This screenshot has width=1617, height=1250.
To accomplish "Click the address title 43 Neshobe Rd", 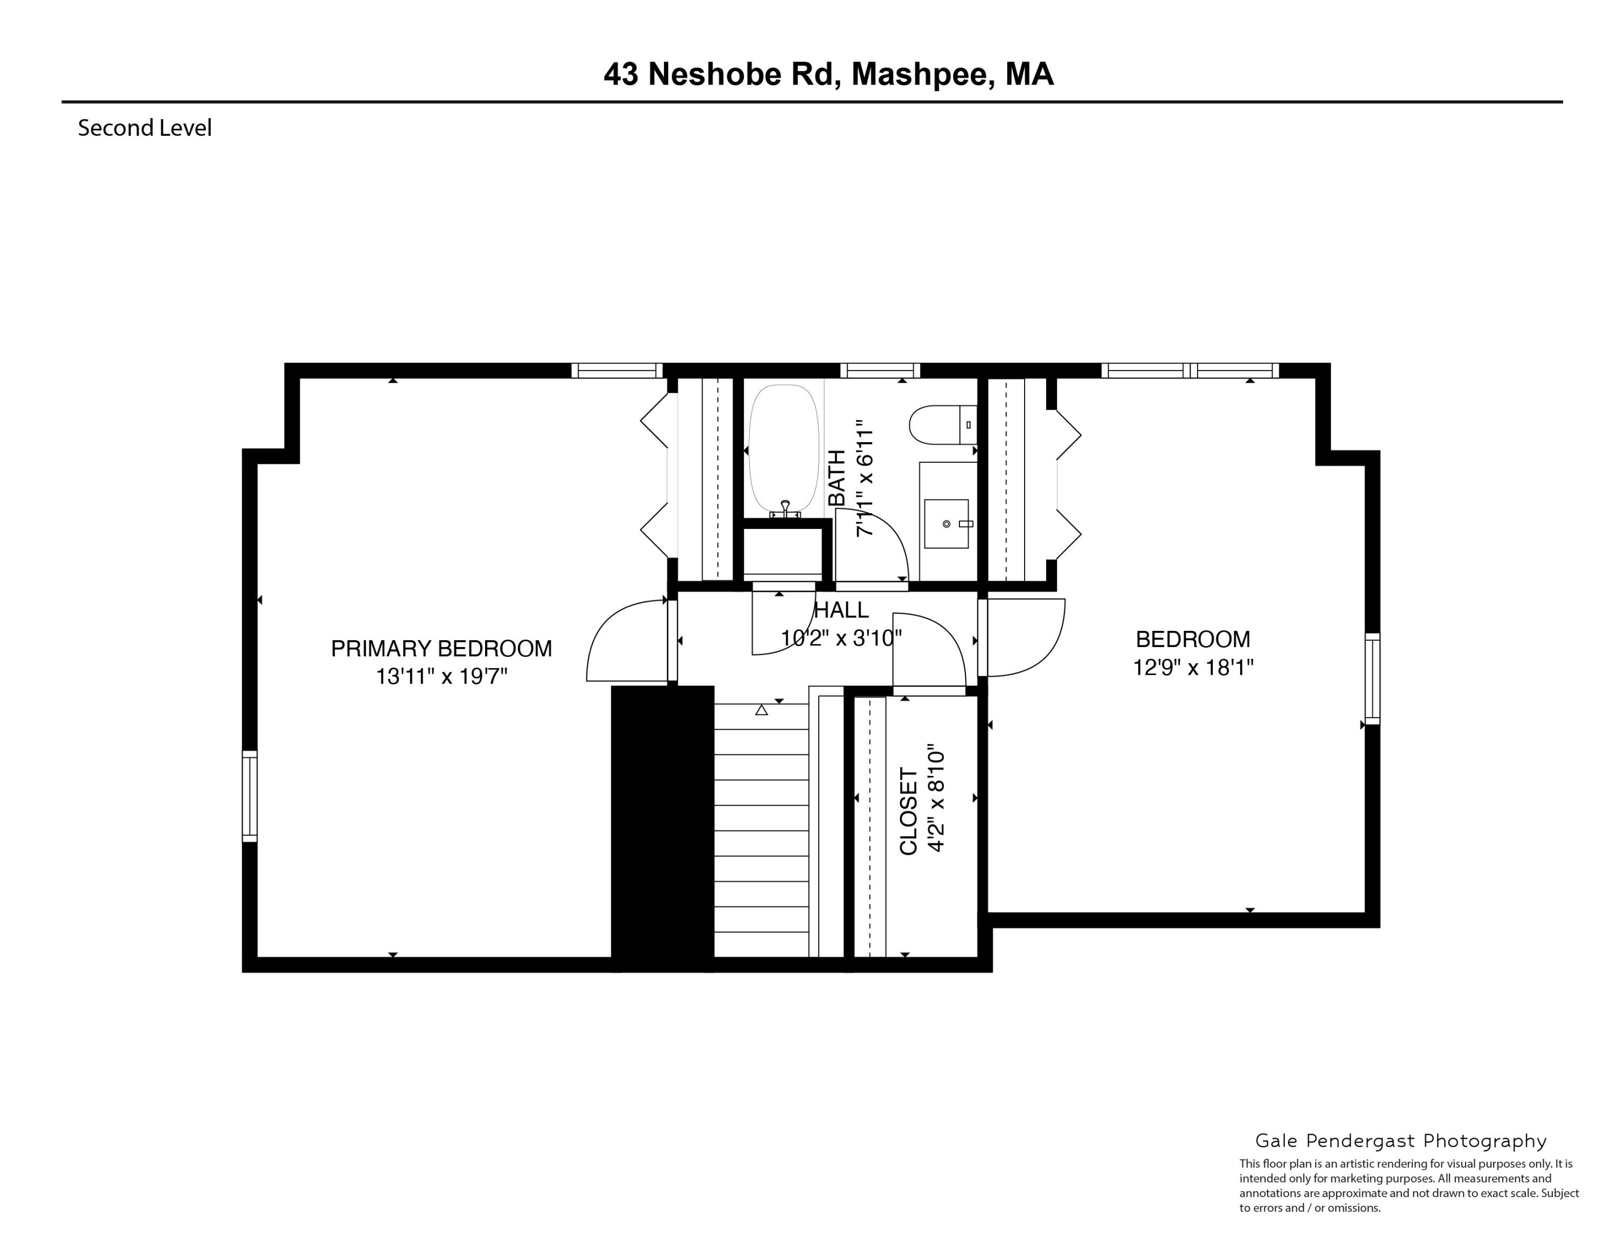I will coord(828,74).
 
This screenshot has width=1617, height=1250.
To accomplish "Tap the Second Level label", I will coord(144,128).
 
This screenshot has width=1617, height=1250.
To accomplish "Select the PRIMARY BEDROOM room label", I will coord(441,649).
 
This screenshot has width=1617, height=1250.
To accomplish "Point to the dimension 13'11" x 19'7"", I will coord(441,676).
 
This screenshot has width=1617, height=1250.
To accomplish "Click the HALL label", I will coord(841,610).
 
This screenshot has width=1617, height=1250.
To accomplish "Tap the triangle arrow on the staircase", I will coord(761,710).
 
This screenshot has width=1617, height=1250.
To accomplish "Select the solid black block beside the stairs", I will coord(662,826).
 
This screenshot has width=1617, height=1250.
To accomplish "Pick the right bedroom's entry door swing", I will coord(1025,637).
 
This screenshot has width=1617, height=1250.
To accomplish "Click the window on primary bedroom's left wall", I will coord(250,796).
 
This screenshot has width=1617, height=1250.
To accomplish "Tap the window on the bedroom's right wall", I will coord(1372,678).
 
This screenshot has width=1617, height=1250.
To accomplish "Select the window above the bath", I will coord(880,370).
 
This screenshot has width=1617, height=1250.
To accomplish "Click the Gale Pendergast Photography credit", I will coord(1400,1141).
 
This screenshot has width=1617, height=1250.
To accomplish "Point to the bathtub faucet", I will coord(785,510).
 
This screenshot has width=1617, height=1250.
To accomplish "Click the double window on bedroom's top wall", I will coord(1190,370).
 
